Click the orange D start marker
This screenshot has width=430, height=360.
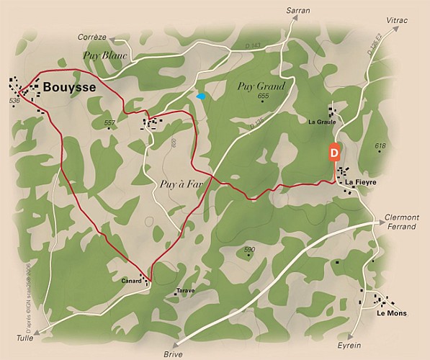333,153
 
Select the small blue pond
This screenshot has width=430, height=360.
201,96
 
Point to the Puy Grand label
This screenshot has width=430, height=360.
261,86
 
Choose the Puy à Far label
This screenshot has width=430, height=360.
176,184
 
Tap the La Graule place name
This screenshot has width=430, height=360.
322,122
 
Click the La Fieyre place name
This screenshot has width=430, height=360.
361,182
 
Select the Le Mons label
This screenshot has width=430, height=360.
391,313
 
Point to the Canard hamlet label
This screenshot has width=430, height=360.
131,280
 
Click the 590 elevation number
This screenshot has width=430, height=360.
249,250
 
